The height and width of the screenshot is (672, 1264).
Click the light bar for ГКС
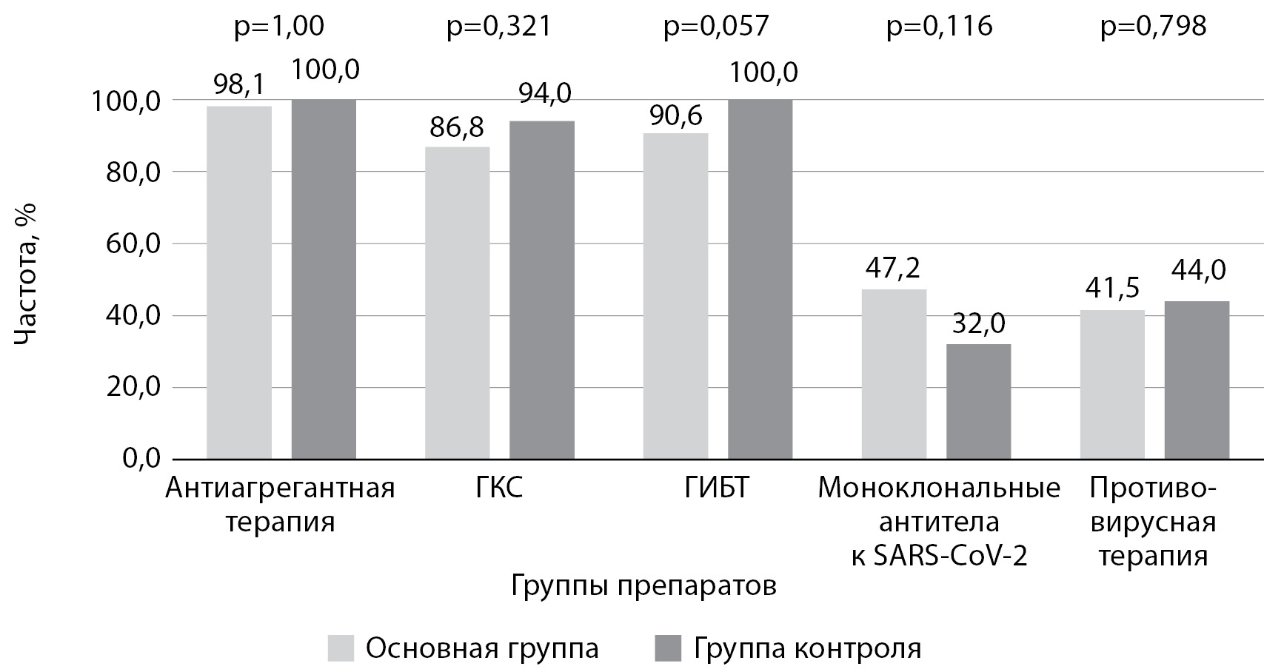click(x=457, y=303)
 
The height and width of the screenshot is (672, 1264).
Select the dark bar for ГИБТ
click(x=760, y=279)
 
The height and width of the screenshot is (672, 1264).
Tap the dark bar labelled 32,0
click(x=978, y=401)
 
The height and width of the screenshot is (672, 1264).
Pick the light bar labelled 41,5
click(x=1111, y=384)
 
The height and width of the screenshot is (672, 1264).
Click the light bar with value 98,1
click(x=239, y=282)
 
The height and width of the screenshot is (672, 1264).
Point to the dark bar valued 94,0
click(x=542, y=289)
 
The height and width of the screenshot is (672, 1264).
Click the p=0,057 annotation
click(x=716, y=27)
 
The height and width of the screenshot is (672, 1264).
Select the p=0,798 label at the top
click(x=1154, y=27)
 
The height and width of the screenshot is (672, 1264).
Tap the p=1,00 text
click(x=279, y=27)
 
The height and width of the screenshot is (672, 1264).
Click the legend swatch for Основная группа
click(x=341, y=648)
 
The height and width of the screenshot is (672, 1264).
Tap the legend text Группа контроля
click(x=807, y=648)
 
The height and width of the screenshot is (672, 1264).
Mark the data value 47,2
click(x=894, y=267)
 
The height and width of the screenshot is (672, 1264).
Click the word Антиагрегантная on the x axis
click(x=280, y=489)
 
